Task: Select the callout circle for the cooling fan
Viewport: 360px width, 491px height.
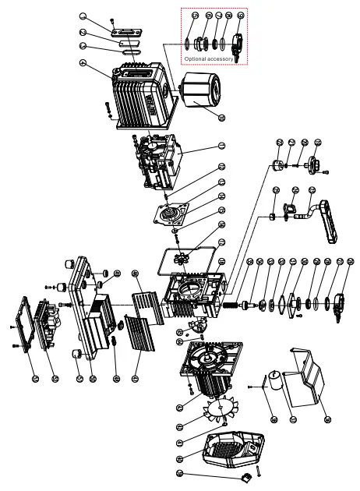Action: point(180,426)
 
